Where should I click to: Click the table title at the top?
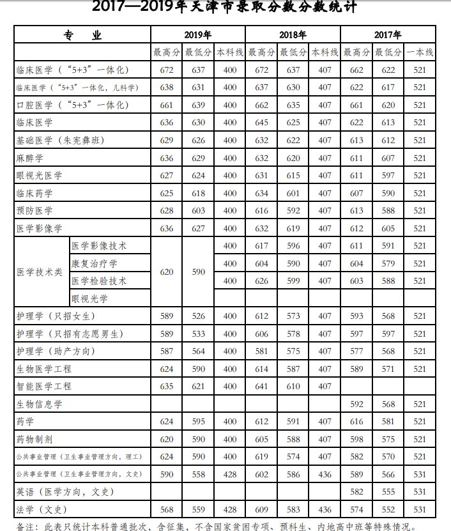pos(225,8)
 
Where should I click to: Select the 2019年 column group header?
pos(197,35)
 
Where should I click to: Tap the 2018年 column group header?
pos(293,35)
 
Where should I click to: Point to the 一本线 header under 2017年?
pos(420,52)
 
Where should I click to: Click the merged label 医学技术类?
pos(40,272)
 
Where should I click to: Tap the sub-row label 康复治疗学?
pos(95,263)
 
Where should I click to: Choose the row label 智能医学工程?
pos(44,386)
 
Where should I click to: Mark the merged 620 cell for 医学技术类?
pos(166,272)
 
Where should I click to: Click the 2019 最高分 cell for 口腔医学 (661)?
pos(166,105)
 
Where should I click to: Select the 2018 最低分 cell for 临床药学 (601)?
pos(293,193)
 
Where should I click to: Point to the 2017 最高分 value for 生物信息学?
pos(356,404)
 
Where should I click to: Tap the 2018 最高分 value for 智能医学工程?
pos(261,386)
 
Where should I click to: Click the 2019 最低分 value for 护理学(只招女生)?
pos(198,316)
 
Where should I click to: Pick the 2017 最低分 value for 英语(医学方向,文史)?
pos(388,491)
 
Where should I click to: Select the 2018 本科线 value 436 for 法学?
pos(325,509)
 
